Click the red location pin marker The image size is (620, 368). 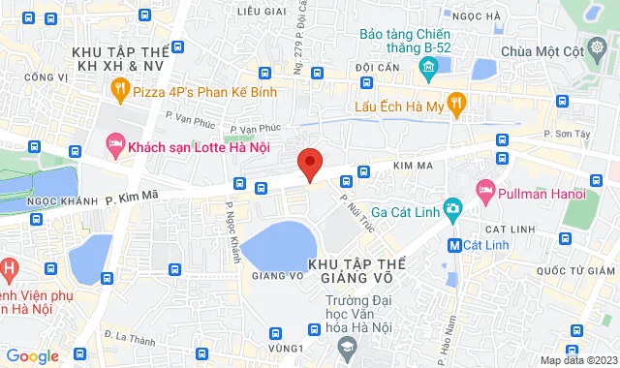(x=309, y=165)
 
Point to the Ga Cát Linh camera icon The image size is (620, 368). (x=451, y=207)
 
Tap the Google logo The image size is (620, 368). (x=32, y=356)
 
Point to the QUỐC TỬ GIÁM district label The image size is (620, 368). (x=580, y=269)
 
